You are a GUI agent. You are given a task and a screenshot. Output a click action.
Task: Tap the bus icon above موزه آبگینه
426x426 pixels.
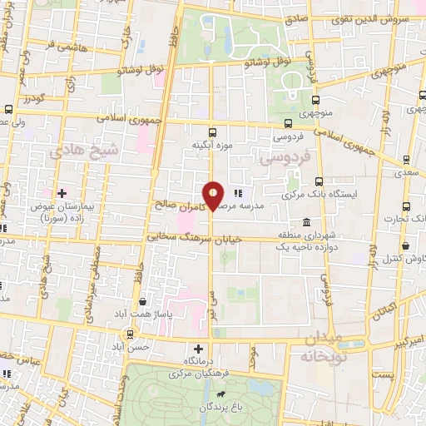(213, 131)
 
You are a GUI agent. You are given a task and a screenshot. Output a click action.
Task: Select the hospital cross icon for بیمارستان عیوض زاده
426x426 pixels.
(62, 193)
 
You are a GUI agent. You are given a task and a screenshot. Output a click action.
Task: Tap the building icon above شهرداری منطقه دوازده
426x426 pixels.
(307, 223)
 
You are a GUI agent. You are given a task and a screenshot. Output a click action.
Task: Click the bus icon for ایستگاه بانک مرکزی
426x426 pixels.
(319, 181)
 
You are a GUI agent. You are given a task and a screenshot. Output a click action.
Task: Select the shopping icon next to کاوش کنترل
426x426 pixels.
(405, 247)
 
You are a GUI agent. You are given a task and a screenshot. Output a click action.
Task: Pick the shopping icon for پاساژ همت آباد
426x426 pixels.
(144, 301)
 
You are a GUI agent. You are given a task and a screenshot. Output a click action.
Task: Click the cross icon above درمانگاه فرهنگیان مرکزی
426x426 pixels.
(198, 349)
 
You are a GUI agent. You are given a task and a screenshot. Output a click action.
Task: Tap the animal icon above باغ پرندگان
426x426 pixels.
(221, 394)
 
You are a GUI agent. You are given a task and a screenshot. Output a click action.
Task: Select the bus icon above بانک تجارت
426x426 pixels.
(405, 207)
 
